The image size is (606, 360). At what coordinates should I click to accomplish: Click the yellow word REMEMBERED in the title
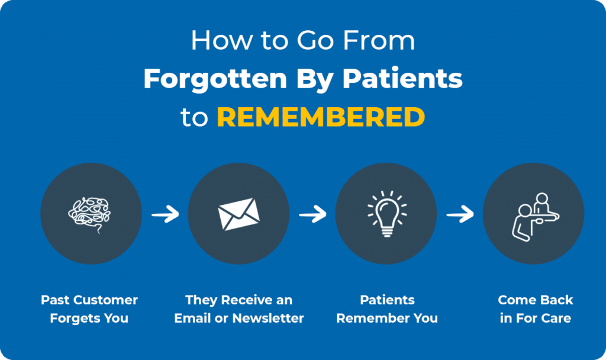click(x=321, y=117)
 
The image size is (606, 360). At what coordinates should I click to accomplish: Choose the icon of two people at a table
click(x=533, y=214)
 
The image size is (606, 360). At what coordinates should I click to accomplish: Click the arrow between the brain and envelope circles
click(x=165, y=214)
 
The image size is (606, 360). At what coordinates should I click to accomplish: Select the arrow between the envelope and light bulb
click(x=312, y=214)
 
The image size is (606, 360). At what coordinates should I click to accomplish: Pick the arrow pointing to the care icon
click(x=460, y=214)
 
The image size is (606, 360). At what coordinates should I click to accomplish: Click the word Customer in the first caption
click(x=108, y=300)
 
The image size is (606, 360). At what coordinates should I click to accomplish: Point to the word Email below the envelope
click(x=192, y=318)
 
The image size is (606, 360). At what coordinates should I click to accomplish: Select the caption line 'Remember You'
click(x=387, y=318)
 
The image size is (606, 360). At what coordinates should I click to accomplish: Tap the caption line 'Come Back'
click(x=536, y=300)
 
